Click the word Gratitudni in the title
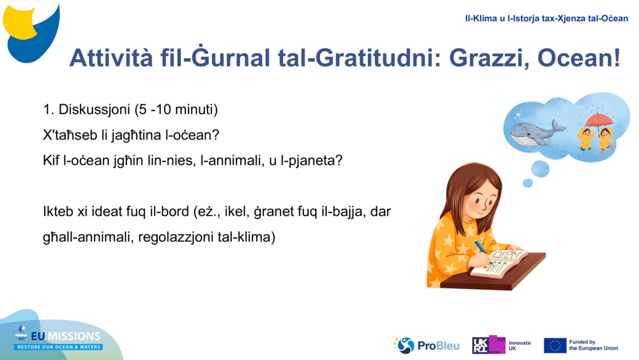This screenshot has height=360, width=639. tap(374, 58)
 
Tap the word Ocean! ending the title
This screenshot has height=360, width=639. tap(579, 58)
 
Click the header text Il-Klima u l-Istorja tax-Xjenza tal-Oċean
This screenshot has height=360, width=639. tap(546, 19)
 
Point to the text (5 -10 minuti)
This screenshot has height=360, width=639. tap(176, 110)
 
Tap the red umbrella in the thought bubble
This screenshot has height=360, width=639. tap(599, 120)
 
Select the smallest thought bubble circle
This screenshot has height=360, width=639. tap(527, 183)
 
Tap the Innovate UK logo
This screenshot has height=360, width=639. tap(501, 345)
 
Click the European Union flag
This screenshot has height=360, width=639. tap(555, 345)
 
